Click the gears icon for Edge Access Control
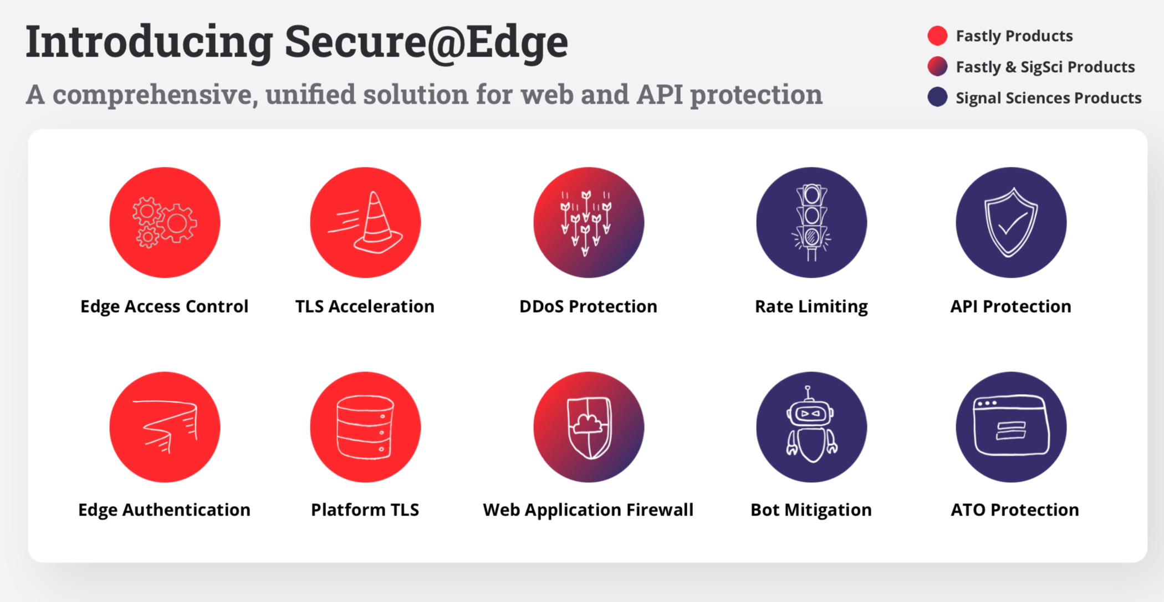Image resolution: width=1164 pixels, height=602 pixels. pyautogui.click(x=165, y=222)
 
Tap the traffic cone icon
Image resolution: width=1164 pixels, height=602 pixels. pyautogui.click(x=365, y=222)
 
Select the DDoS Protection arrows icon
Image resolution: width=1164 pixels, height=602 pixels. pyautogui.click(x=589, y=222)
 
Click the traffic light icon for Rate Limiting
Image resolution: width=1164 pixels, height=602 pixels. pyautogui.click(x=811, y=222)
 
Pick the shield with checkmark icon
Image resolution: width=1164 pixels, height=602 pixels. pyautogui.click(x=1011, y=222)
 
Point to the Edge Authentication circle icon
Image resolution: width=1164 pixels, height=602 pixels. pyautogui.click(x=165, y=427)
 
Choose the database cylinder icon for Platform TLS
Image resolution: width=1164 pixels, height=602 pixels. pyautogui.click(x=365, y=427)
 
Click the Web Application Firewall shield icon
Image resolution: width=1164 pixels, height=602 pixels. pyautogui.click(x=589, y=427)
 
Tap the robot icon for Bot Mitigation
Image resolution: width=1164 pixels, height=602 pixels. pyautogui.click(x=811, y=427)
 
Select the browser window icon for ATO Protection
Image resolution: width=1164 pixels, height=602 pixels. pyautogui.click(x=1011, y=427)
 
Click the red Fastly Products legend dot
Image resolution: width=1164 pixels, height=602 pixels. pyautogui.click(x=937, y=35)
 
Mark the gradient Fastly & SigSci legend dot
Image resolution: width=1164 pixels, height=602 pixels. pyautogui.click(x=937, y=67)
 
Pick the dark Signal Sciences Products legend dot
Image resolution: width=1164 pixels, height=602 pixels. pyautogui.click(x=937, y=97)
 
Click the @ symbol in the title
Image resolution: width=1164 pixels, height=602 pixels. pyautogui.click(x=446, y=43)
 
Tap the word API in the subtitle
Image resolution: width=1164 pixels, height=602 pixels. pyautogui.click(x=660, y=94)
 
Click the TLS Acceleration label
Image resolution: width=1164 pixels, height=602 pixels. pyautogui.click(x=365, y=306)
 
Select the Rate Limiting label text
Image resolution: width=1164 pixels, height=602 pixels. pyautogui.click(x=811, y=307)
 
